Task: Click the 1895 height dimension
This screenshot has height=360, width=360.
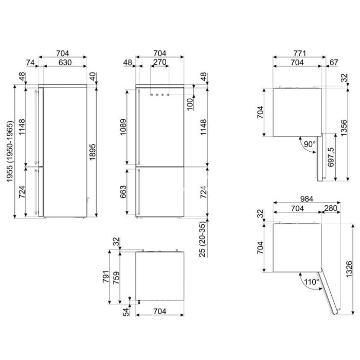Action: [92, 152]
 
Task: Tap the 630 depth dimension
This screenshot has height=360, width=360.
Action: [65, 62]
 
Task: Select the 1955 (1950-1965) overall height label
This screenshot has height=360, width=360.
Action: [10, 152]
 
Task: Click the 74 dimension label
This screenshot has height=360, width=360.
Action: [30, 62]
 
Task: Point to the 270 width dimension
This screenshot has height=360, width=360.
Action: [159, 62]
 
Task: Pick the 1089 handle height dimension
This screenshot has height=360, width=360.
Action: [123, 127]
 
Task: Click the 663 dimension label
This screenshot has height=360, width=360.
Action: [123, 192]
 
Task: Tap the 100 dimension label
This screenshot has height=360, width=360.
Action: [190, 104]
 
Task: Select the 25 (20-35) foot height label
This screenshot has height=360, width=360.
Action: [203, 239]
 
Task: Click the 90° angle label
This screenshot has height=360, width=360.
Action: [310, 144]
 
